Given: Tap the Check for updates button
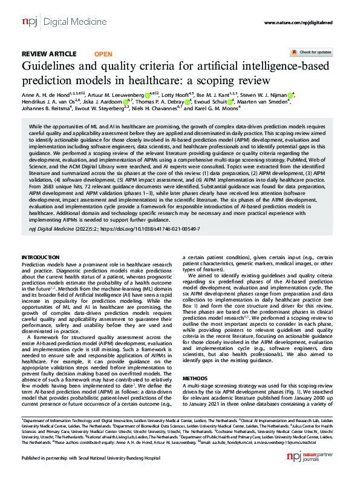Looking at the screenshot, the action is [x=314, y=53].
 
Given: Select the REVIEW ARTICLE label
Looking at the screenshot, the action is [x=49, y=54].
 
